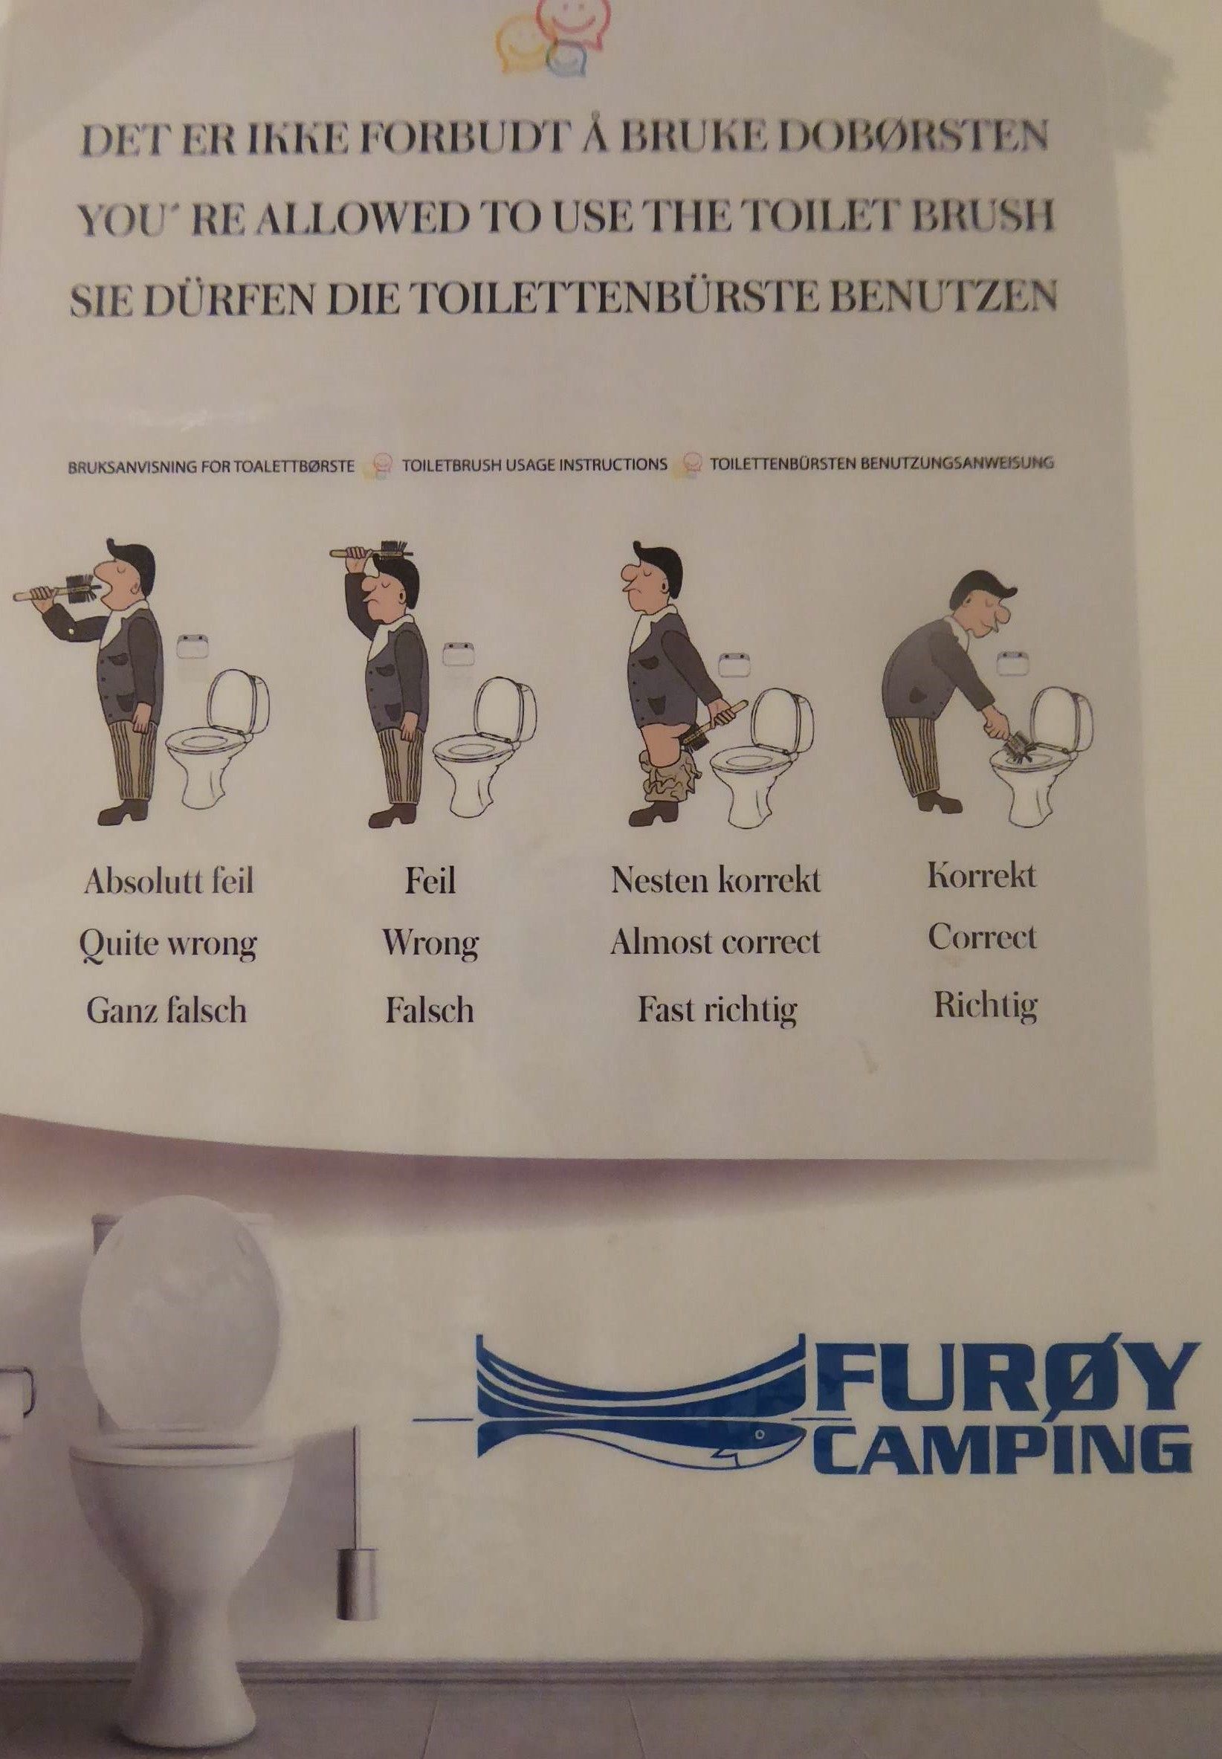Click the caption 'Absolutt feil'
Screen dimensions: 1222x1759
click(x=169, y=882)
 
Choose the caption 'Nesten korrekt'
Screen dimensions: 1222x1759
click(x=715, y=881)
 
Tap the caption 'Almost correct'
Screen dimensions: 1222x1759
click(x=715, y=942)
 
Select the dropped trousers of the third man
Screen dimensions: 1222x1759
click(x=670, y=775)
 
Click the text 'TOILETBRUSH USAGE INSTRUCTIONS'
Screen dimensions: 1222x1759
click(x=534, y=465)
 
